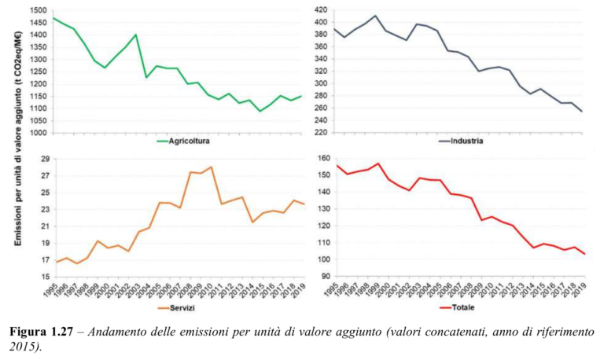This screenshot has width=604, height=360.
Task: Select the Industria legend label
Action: [466, 142]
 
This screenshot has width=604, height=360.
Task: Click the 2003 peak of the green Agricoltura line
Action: [136, 35]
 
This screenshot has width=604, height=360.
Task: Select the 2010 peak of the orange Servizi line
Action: [212, 167]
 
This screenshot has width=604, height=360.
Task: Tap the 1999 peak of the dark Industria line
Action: [375, 16]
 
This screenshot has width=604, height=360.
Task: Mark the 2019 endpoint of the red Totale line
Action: [584, 254]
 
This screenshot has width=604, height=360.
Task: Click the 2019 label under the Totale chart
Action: [583, 290]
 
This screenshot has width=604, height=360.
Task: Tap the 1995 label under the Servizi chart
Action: [57, 290]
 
